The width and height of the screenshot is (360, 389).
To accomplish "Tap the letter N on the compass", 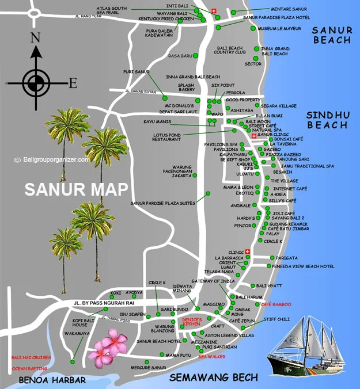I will pos(36,38).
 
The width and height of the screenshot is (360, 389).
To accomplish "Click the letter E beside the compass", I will pos(73,84).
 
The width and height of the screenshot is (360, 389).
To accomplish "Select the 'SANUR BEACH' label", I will pos(332,35).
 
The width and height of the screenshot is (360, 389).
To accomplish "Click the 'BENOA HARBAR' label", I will pos(52,380).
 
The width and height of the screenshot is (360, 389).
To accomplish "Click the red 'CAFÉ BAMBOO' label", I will pos(276,304).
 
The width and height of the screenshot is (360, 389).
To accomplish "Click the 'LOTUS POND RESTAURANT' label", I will pos(167,136).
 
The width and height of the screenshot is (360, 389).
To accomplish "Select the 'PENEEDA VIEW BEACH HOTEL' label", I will pos(305,266).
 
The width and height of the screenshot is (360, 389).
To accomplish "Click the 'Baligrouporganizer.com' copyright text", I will pos(52,160).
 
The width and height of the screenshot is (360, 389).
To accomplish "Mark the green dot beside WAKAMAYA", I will pos(73,362).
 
